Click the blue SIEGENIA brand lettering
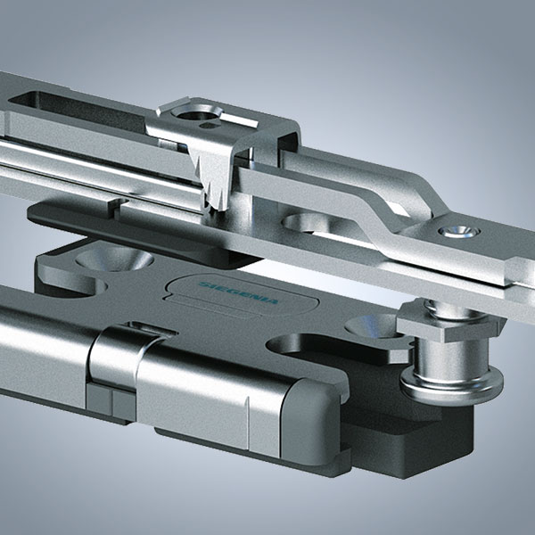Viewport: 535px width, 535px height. pos(238,293)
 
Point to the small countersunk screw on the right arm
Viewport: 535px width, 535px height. pos(459,232)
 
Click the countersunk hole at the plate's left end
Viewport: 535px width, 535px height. pos(114,259)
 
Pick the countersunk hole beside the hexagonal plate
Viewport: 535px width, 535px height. pos(372,325)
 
